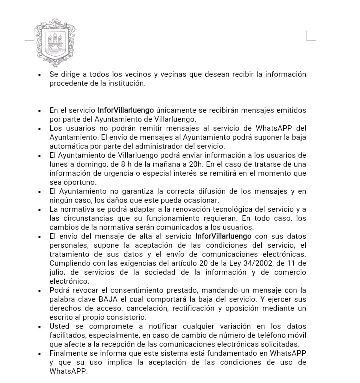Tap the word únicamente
click(x=176, y=110)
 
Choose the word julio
click(x=58, y=272)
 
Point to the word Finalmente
click(x=69, y=353)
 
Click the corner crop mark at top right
click(x=310, y=36)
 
